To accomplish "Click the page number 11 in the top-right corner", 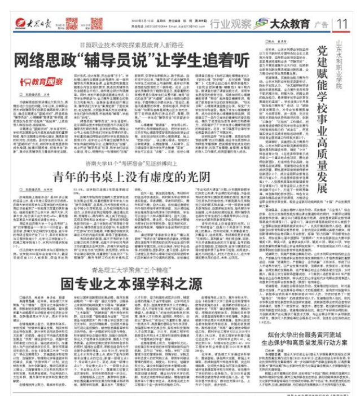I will click(343, 25).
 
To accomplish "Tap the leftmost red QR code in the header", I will click(72, 24).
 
